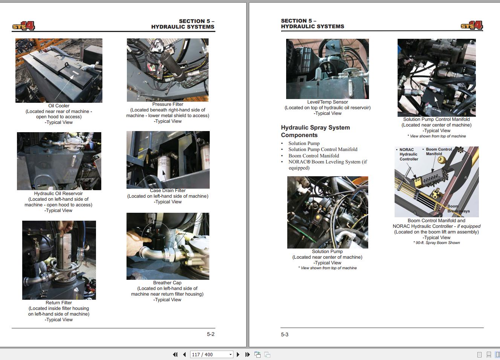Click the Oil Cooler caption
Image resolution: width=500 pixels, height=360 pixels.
(x=59, y=106)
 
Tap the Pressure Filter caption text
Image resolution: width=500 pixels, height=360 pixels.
(x=168, y=104)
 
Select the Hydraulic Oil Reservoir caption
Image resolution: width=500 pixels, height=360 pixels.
(x=58, y=194)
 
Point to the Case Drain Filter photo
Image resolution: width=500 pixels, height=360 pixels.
(x=168, y=160)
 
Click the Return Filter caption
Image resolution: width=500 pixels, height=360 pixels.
(x=59, y=303)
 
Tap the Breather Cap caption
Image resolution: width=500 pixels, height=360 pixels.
(x=167, y=283)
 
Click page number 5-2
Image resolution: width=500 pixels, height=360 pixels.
(x=210, y=334)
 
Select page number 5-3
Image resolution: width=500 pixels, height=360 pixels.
(x=285, y=334)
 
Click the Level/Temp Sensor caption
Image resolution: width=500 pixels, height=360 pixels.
(x=328, y=102)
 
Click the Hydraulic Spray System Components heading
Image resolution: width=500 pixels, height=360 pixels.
(x=315, y=131)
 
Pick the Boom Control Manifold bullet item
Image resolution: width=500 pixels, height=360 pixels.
(x=314, y=156)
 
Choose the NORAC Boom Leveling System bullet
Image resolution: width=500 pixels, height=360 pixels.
(x=328, y=162)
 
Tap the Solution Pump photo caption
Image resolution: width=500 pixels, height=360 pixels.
(x=327, y=252)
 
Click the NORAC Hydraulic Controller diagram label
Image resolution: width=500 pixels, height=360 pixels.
(x=409, y=154)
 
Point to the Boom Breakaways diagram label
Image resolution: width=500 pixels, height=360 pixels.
(x=458, y=209)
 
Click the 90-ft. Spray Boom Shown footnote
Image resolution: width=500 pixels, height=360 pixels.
(x=436, y=243)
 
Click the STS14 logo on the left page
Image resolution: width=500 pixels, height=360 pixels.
(x=23, y=26)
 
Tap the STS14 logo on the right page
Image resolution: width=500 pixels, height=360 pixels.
(x=472, y=26)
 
